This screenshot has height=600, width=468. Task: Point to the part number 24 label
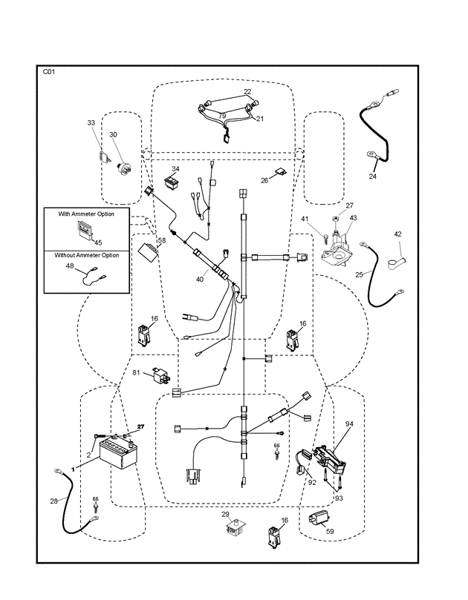pos(373,177)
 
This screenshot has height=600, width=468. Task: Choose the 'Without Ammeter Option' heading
pos(87,255)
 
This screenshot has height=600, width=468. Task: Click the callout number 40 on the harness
pos(199,279)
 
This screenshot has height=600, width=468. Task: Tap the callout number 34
pos(176,168)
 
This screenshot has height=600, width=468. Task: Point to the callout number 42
pos(397,234)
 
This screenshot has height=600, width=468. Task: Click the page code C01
pos(49,72)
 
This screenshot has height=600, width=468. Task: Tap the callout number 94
pos(349,424)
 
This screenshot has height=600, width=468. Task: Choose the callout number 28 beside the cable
pos(53,501)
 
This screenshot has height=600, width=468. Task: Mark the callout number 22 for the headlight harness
pos(247,92)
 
